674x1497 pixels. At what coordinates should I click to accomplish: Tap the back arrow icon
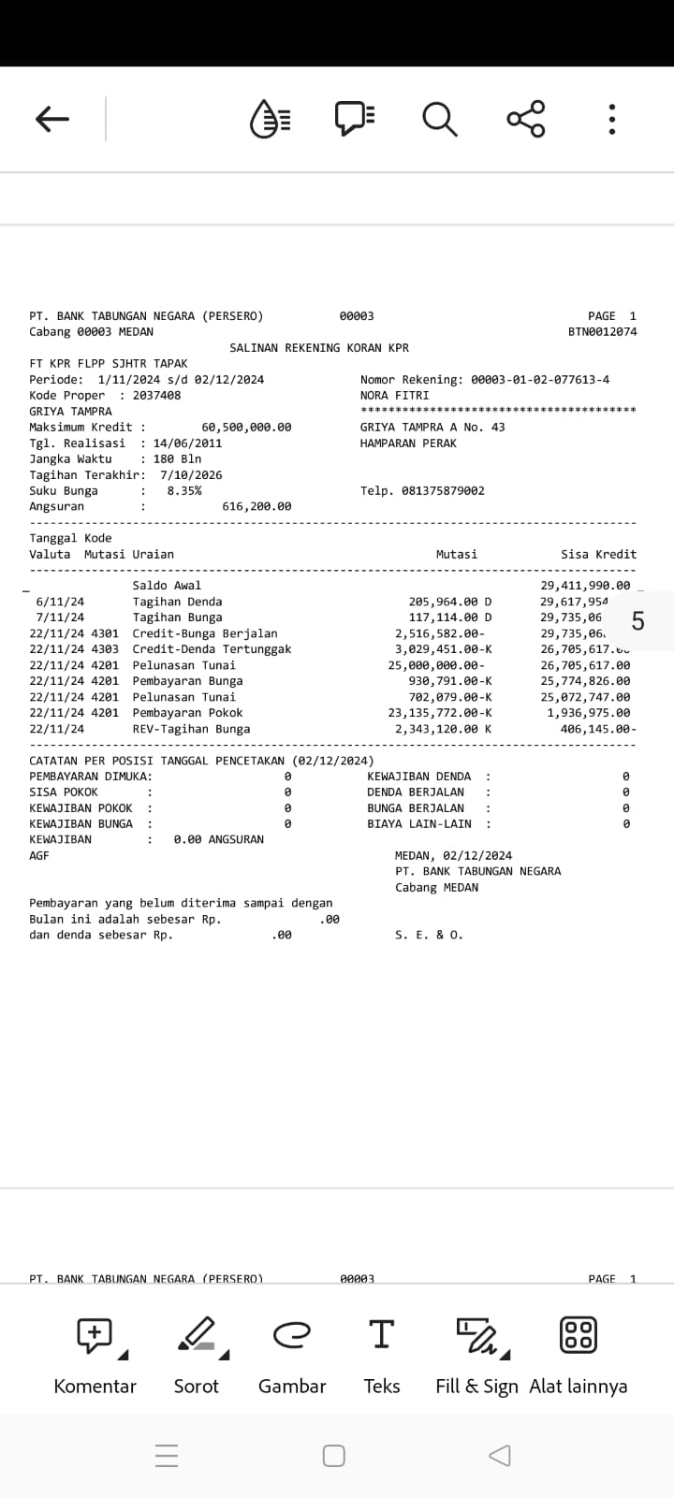tap(52, 119)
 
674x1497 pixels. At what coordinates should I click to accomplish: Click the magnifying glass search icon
tap(439, 119)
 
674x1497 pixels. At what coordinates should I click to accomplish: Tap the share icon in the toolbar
tap(525, 119)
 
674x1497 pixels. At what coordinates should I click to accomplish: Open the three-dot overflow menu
tap(611, 119)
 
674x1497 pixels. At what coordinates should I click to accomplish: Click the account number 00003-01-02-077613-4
tap(539, 380)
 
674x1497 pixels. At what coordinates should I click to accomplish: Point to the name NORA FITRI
tap(394, 396)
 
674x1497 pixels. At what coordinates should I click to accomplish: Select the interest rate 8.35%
tap(183, 491)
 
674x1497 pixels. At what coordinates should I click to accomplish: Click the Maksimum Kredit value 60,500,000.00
tap(246, 428)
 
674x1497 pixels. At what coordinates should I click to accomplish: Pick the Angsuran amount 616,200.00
tap(256, 507)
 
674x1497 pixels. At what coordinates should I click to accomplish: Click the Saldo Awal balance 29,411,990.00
tap(585, 586)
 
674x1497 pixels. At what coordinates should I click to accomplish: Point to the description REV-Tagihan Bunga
tap(191, 729)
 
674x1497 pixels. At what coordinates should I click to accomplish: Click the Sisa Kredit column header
tap(598, 555)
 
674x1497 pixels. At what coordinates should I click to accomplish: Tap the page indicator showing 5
tap(637, 621)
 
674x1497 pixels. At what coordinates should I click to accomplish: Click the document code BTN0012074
tap(602, 332)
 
